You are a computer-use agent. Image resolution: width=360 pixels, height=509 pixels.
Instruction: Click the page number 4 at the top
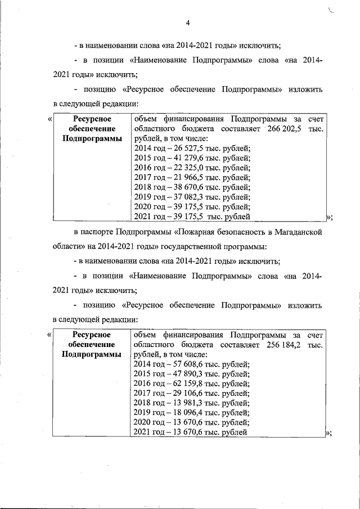[x=188, y=23]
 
